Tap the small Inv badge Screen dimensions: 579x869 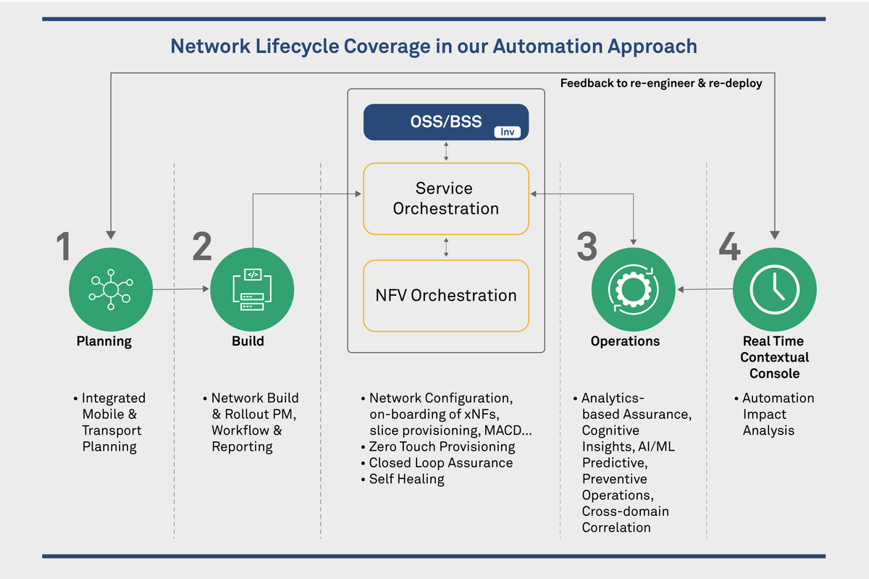click(508, 132)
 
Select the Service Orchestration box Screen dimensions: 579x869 click(446, 199)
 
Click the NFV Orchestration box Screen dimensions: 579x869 click(446, 296)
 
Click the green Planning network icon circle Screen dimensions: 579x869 click(111, 290)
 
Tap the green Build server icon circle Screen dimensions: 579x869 click(252, 290)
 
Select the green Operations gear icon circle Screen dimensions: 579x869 click(634, 290)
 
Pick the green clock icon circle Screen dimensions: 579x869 click(775, 290)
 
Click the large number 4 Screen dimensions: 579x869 click(729, 247)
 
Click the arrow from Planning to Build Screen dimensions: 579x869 click(181, 289)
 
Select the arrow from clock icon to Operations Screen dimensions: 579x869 click(704, 290)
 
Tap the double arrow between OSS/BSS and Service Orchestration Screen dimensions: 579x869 click(446, 151)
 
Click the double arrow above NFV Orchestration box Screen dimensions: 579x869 click(446, 247)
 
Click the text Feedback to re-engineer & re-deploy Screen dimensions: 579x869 click(661, 83)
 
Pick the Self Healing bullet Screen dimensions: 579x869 click(406, 479)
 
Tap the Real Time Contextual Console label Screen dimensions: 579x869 click(774, 357)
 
